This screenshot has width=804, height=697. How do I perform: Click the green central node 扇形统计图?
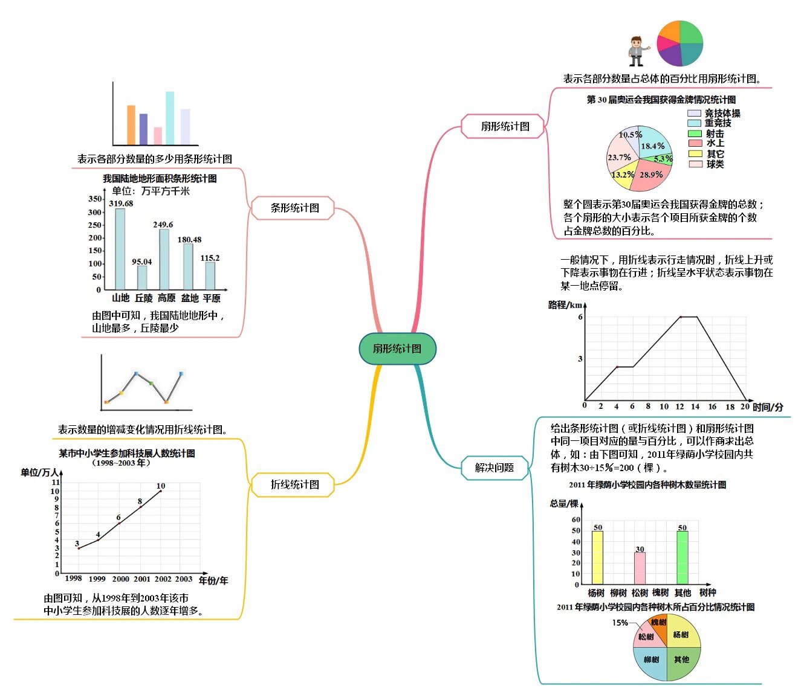point(397,348)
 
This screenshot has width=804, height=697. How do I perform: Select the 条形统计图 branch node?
point(294,208)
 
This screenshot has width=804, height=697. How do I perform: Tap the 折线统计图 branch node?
point(294,484)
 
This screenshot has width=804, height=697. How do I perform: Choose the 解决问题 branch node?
point(494,467)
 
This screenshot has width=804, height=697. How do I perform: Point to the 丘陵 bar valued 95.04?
point(142,277)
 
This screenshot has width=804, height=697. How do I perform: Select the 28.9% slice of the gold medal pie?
point(652,176)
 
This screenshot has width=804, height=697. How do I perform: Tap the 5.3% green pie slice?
point(663,159)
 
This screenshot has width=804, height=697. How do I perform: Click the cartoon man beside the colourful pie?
point(636,51)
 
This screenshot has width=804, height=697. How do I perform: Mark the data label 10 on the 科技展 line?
point(161,486)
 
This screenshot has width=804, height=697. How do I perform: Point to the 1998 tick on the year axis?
point(74,579)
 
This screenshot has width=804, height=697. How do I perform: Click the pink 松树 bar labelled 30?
point(640,568)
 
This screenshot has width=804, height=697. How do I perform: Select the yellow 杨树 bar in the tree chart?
point(597,557)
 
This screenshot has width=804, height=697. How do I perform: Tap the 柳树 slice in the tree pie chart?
point(651,660)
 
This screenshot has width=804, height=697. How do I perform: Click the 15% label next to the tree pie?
point(620,623)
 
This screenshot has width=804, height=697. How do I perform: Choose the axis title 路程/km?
point(565,305)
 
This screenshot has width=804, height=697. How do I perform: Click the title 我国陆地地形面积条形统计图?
point(160,179)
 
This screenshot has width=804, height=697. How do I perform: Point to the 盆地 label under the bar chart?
point(190,298)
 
